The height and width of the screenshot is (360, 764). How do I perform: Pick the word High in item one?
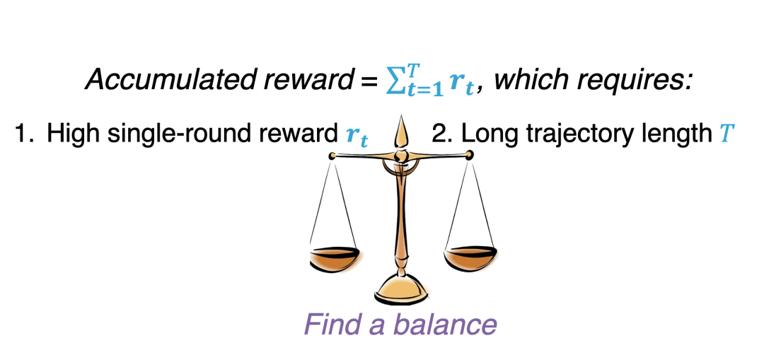tap(69, 134)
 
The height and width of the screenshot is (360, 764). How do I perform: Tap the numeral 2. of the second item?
tap(443, 134)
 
